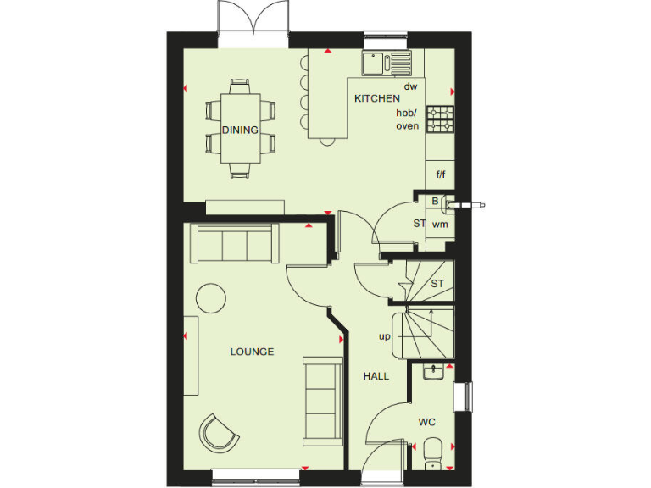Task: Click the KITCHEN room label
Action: [377, 99]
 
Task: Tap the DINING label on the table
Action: [240, 130]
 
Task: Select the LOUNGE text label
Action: [252, 352]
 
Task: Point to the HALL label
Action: [376, 376]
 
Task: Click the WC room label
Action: [426, 421]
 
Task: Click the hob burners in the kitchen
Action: [440, 119]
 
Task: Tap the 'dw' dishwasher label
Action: [410, 86]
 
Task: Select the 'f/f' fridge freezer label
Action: [441, 175]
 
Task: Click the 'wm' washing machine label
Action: [440, 225]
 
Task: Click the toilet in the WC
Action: [432, 451]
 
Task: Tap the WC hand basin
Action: [432, 371]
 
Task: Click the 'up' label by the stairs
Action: [384, 336]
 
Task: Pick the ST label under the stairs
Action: [437, 284]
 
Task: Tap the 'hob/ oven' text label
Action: [408, 119]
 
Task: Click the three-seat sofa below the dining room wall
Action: [233, 244]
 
